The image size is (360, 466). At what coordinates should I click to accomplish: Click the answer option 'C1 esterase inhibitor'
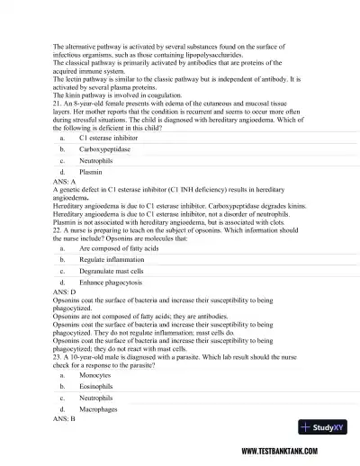pyautogui.click(x=109, y=139)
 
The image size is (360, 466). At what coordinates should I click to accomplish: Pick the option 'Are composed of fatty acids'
pyautogui.click(x=118, y=247)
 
